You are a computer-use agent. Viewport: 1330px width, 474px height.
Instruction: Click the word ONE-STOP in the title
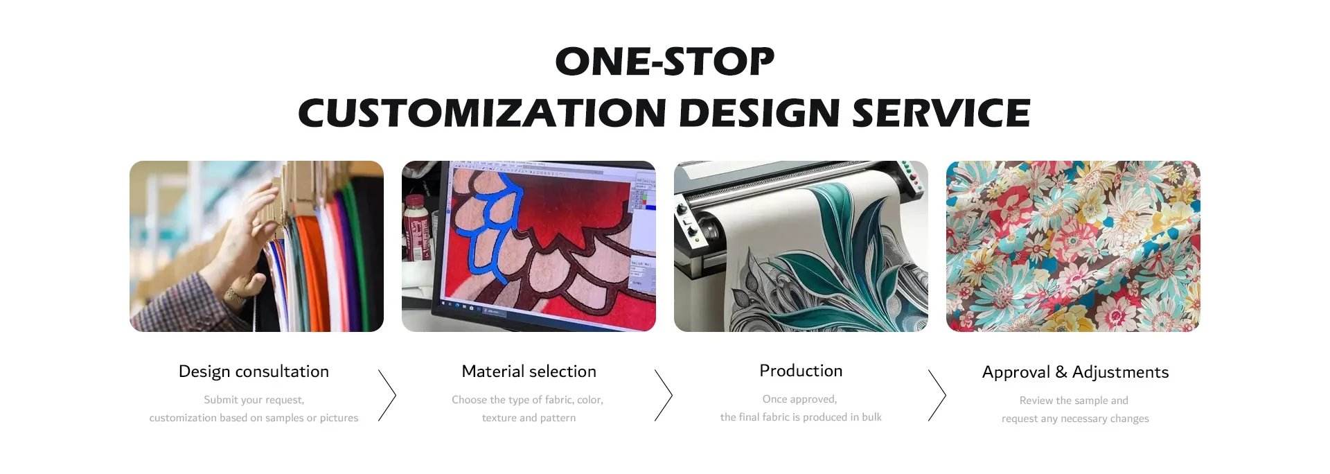click(665, 61)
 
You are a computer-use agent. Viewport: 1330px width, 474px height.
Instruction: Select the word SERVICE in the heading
click(941, 113)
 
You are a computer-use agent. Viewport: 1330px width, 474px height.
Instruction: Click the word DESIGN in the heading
click(759, 113)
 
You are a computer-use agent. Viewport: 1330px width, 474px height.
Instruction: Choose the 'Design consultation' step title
click(254, 371)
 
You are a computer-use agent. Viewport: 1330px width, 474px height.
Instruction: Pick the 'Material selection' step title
click(529, 371)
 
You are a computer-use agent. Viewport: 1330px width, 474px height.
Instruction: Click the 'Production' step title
click(801, 371)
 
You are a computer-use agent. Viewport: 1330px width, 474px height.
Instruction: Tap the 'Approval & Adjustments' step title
click(1075, 372)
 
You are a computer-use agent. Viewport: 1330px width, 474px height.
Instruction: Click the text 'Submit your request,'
click(254, 400)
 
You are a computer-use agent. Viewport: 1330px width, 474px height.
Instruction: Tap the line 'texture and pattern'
click(529, 418)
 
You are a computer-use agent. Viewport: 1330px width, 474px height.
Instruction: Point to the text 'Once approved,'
click(800, 399)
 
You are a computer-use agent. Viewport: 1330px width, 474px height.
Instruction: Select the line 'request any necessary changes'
click(1075, 419)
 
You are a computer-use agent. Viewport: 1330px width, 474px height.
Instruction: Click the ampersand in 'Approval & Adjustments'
click(1061, 372)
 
